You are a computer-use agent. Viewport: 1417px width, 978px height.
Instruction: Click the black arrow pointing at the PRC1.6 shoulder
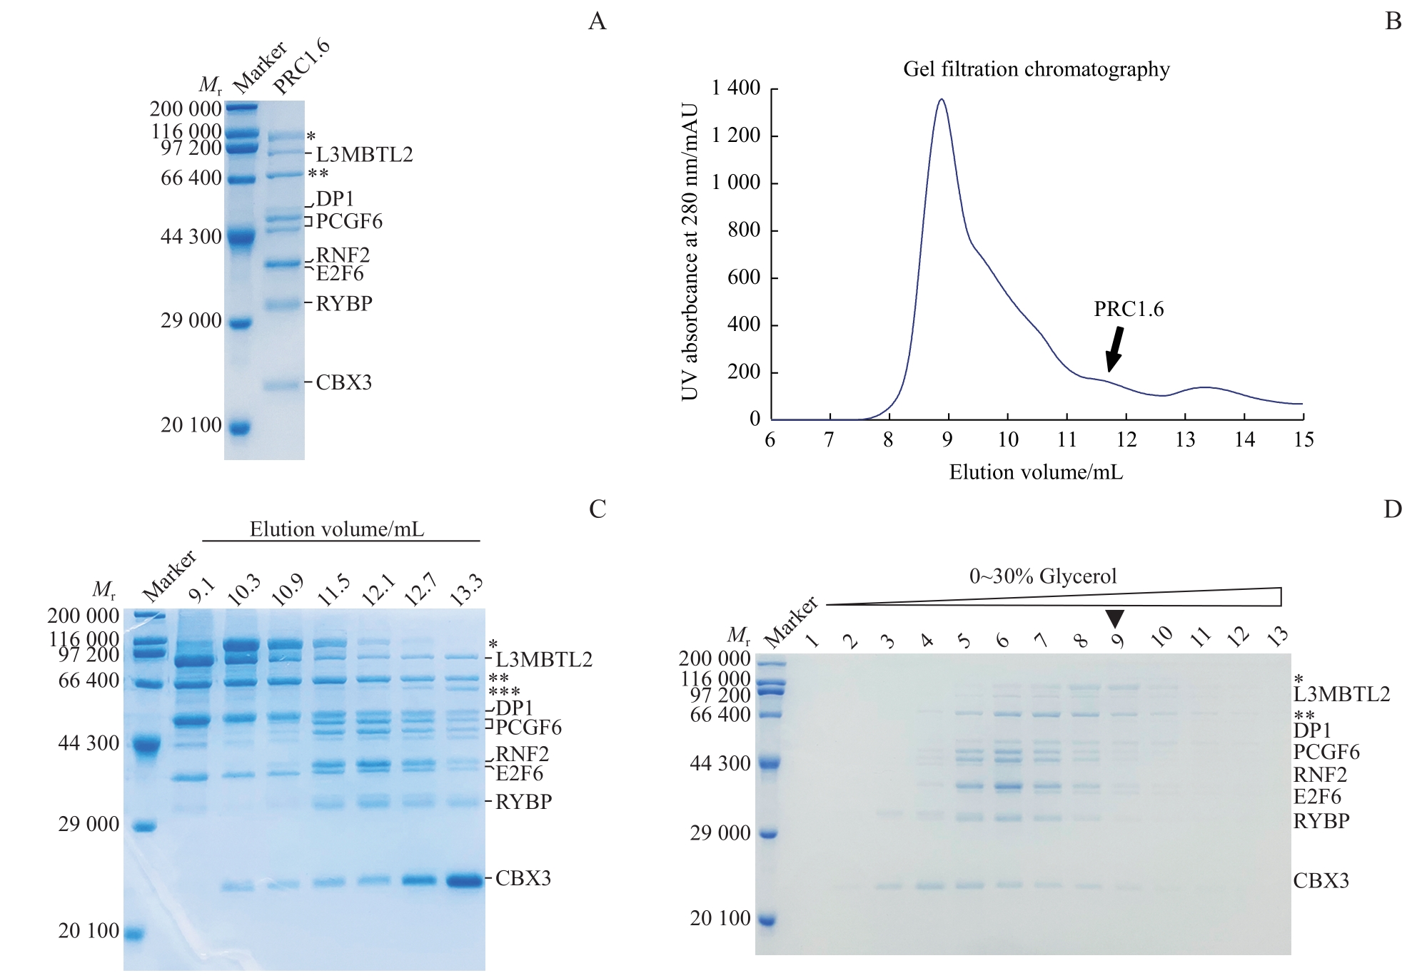coord(1114,350)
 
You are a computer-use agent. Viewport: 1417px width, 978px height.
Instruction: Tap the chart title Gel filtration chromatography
coord(1036,69)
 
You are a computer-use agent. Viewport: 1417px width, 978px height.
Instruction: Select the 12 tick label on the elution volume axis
coord(1126,439)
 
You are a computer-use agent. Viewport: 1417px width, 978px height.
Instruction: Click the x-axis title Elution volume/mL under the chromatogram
coord(1036,472)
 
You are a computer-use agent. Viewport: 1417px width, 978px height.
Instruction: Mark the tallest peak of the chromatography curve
coord(942,100)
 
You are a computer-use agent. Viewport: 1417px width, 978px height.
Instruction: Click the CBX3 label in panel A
coord(343,382)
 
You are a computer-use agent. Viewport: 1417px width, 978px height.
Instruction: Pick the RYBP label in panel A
coord(343,304)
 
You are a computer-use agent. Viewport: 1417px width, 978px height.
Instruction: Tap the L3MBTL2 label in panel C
coord(543,659)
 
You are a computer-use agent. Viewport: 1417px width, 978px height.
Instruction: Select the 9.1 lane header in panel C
coord(201,591)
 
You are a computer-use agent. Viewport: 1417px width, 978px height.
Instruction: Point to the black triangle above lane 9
coord(1114,618)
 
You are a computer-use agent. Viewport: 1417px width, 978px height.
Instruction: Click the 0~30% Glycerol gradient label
coord(1042,576)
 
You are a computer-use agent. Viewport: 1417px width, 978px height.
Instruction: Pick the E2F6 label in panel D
coord(1317,797)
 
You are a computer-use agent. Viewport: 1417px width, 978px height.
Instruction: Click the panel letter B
coord(1393,21)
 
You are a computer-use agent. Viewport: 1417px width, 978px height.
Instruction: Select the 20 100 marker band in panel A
coord(240,428)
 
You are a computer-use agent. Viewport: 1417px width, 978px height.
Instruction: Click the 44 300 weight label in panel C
coord(89,743)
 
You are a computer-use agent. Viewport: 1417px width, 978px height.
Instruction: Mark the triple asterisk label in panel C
coord(504,692)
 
